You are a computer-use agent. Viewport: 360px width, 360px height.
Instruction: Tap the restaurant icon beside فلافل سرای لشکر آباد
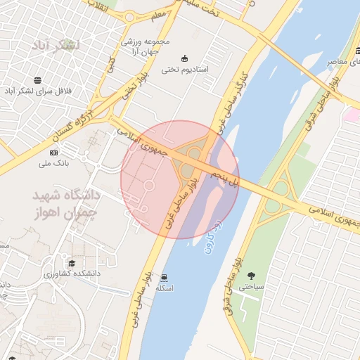pyautogui.click(x=37, y=79)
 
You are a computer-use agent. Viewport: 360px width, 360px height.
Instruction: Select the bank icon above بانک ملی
pyautogui.click(x=53, y=153)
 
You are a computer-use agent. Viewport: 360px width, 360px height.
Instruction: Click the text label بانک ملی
pyautogui.click(x=53, y=163)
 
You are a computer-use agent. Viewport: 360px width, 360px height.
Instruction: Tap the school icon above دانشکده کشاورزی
pyautogui.click(x=72, y=262)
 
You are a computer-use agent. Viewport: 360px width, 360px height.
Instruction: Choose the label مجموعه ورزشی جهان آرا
pyautogui.click(x=146, y=47)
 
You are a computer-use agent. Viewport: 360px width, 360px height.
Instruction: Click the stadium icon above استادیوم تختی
pyautogui.click(x=184, y=58)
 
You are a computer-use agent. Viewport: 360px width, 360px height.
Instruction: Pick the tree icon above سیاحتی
pyautogui.click(x=252, y=276)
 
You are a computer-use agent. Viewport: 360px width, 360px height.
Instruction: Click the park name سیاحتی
pyautogui.click(x=250, y=287)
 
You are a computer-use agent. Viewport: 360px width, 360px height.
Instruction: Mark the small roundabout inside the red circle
pyautogui.click(x=149, y=184)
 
